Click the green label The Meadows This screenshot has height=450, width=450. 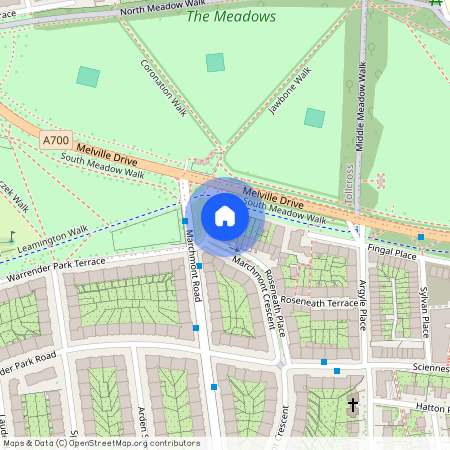[230, 17]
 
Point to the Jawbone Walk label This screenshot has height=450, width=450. [290, 92]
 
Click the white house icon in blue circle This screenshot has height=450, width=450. [225, 216]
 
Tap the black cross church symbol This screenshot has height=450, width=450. [352, 405]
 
